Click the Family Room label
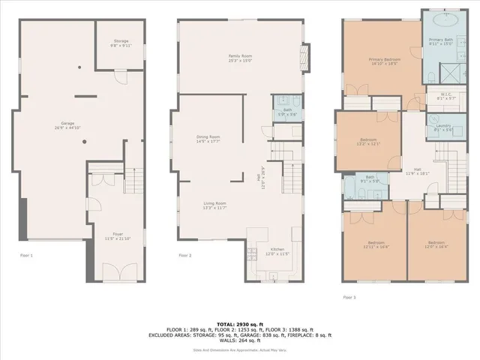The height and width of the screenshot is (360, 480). click(240, 58)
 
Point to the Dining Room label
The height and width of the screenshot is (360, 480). click(208, 139)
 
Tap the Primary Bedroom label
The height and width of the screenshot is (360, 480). click(383, 61)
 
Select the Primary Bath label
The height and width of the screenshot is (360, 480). click(441, 41)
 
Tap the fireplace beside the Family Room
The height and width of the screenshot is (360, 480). click(304, 56)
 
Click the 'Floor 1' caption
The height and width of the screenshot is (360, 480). click(26, 256)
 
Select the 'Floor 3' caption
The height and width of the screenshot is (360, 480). click(349, 297)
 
